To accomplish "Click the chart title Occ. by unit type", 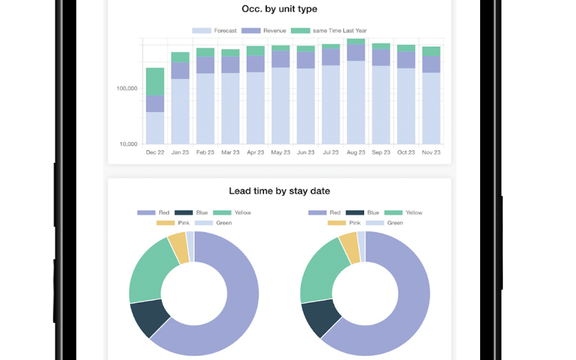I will pyautogui.click(x=279, y=9).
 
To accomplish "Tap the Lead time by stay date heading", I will pyautogui.click(x=279, y=191).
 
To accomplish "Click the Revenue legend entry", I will pyautogui.click(x=264, y=30).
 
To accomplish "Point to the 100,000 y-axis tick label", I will pyautogui.click(x=127, y=88).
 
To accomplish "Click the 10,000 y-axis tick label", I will pyautogui.click(x=128, y=144).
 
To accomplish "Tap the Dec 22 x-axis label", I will pyautogui.click(x=155, y=153).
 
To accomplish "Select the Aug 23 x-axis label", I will pyautogui.click(x=356, y=153).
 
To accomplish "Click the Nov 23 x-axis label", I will pyautogui.click(x=431, y=153).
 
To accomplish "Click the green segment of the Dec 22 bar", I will pyautogui.click(x=155, y=81).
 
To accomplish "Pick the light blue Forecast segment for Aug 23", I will pyautogui.click(x=356, y=101).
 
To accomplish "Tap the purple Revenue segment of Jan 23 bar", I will pyautogui.click(x=180, y=70).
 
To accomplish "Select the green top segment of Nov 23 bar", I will pyautogui.click(x=431, y=51).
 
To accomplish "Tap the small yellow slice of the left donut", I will pyautogui.click(x=178, y=247).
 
